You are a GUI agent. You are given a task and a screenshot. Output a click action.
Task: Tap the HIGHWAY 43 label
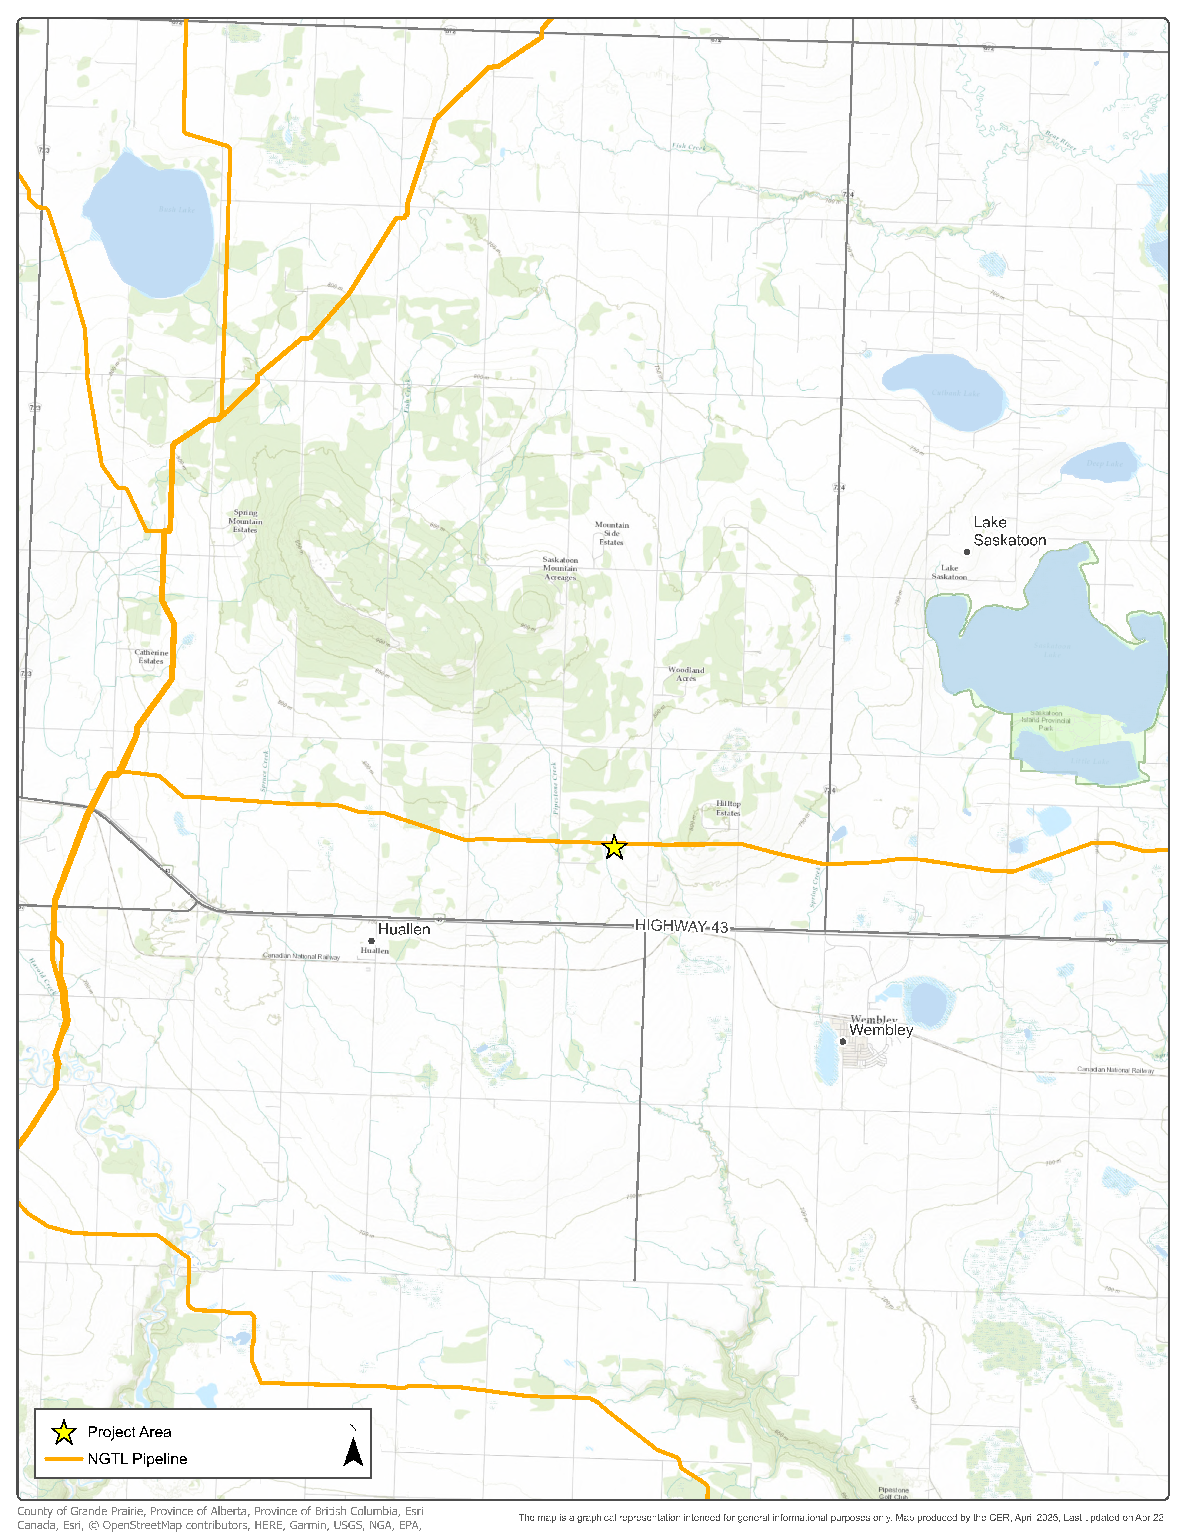682,926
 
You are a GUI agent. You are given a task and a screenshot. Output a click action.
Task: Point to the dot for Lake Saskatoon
967,552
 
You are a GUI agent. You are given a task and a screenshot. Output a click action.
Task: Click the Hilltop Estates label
728,808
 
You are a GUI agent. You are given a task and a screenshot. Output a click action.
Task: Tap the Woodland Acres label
686,674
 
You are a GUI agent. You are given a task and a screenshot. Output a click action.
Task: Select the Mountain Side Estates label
611,534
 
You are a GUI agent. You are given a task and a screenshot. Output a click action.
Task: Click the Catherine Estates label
151,657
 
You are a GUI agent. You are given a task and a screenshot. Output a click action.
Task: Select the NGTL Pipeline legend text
137,1459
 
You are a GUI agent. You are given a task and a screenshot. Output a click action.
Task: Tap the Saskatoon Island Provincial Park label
1046,721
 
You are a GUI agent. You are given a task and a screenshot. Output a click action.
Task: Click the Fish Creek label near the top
689,147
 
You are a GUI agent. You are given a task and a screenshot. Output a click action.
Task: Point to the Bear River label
1060,140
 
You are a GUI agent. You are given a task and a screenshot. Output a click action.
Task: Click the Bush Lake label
176,210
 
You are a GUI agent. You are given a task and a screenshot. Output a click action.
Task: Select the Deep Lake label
1105,463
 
